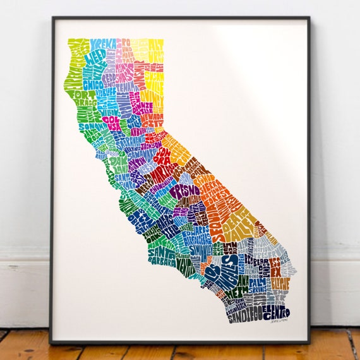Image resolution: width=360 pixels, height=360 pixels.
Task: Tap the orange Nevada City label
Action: point(152,121)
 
